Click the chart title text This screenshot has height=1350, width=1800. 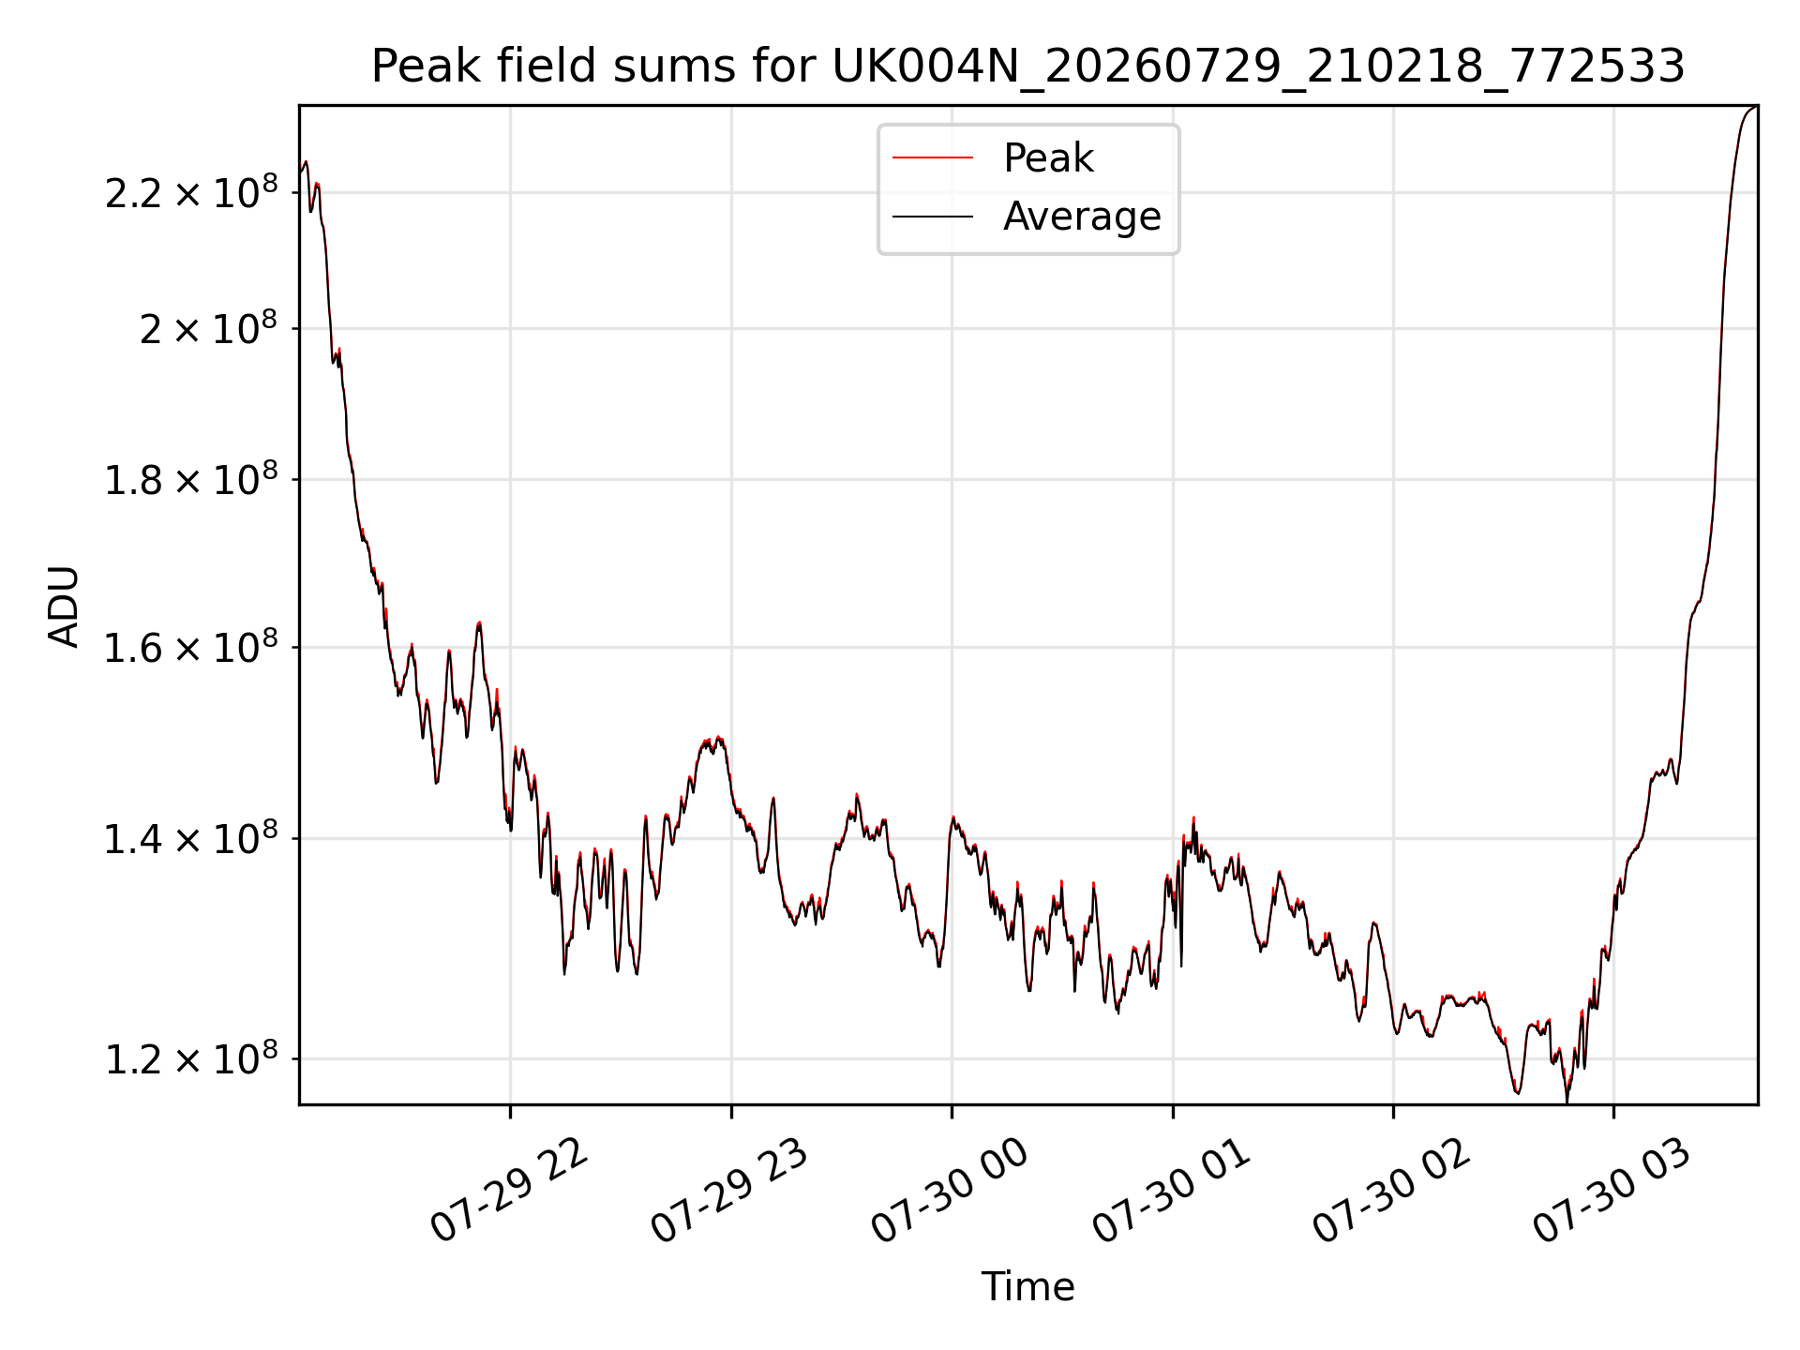point(1028,67)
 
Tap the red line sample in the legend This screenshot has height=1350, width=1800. point(933,158)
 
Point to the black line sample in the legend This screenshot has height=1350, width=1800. point(933,217)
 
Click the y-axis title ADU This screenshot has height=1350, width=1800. point(64,607)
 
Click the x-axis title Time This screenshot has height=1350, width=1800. point(1027,1287)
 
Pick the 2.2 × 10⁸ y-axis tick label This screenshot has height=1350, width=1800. point(191,192)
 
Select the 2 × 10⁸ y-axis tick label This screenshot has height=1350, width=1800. point(209,328)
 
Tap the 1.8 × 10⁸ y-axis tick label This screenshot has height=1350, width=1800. point(191,480)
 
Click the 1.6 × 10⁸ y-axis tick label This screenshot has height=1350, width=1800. point(191,647)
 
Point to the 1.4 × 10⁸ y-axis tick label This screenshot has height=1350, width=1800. point(191,838)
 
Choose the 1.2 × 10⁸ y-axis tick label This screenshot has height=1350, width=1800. point(191,1059)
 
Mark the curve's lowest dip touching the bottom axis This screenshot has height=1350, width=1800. point(1567,1102)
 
